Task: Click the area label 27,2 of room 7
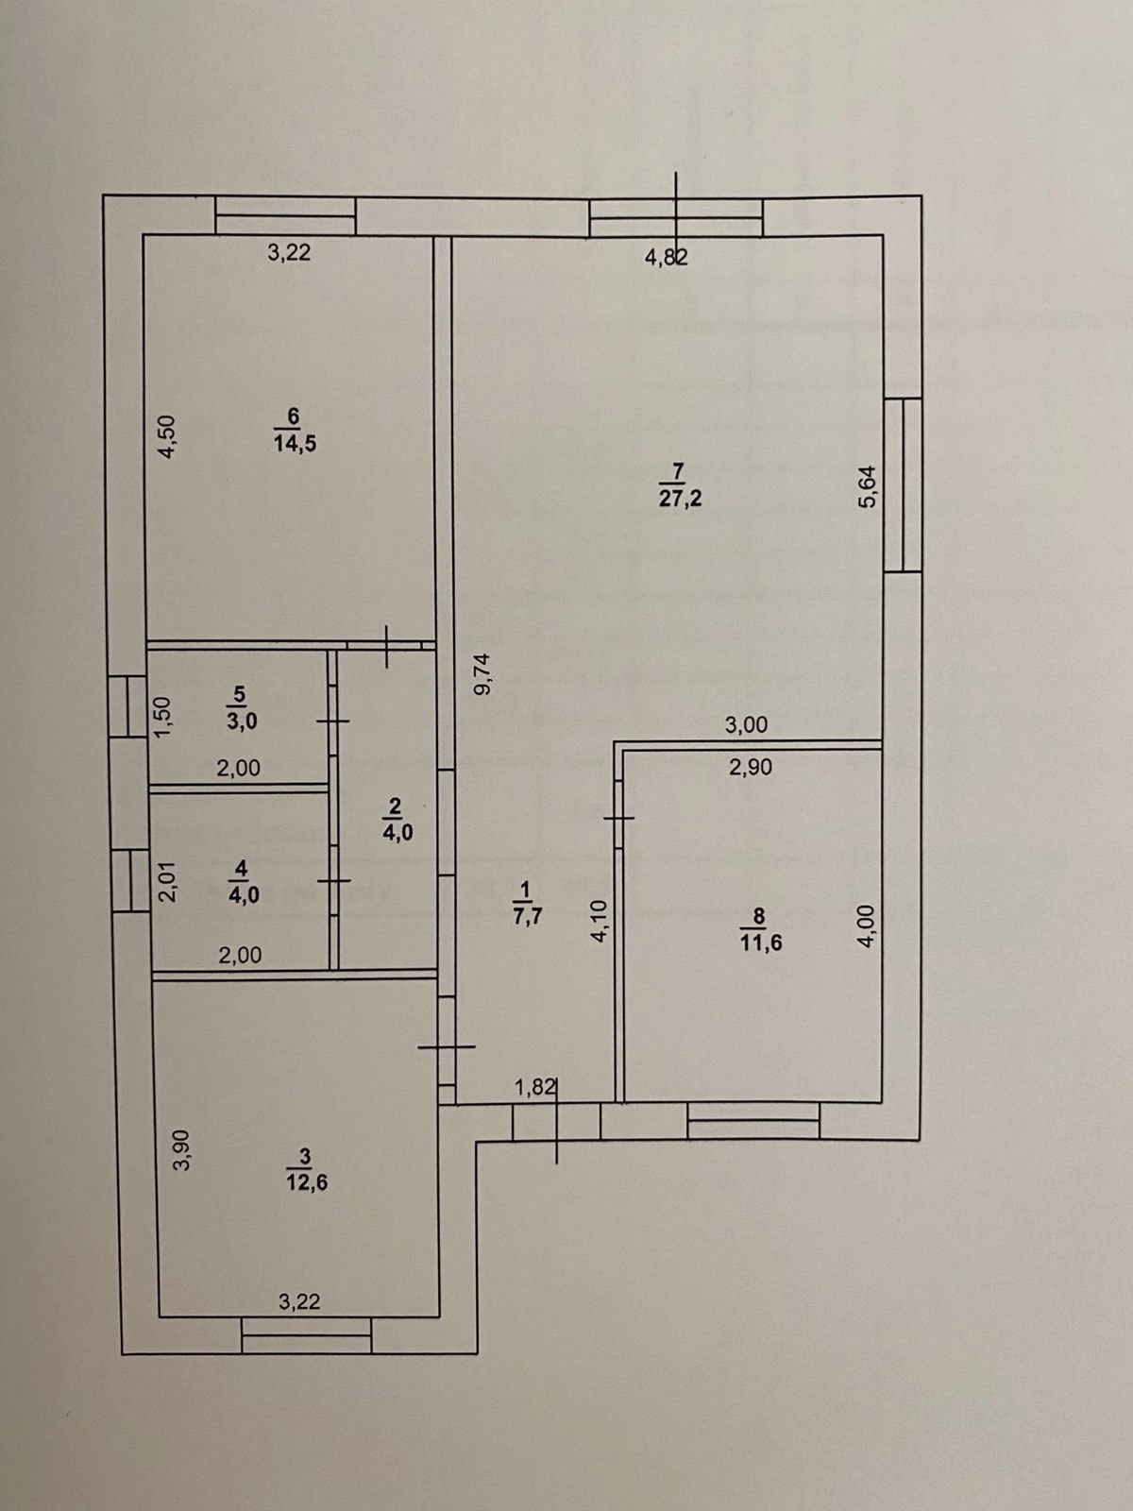tap(680, 499)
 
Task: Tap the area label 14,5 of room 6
tap(295, 444)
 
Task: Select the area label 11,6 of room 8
tap(761, 942)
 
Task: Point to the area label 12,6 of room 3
tap(307, 1182)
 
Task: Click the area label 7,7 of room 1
tap(526, 915)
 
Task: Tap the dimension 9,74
tap(483, 674)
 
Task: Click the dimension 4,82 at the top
tap(666, 257)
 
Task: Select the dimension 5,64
tap(868, 487)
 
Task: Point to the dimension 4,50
tap(166, 436)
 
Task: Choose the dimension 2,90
tap(751, 768)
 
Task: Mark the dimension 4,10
tap(600, 921)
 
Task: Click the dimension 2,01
tap(167, 882)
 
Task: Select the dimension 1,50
tap(162, 718)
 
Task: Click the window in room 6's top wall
tap(285, 215)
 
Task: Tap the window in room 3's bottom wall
tap(306, 1335)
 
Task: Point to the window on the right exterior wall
tap(903, 484)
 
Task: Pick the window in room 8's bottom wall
tap(753, 1120)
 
